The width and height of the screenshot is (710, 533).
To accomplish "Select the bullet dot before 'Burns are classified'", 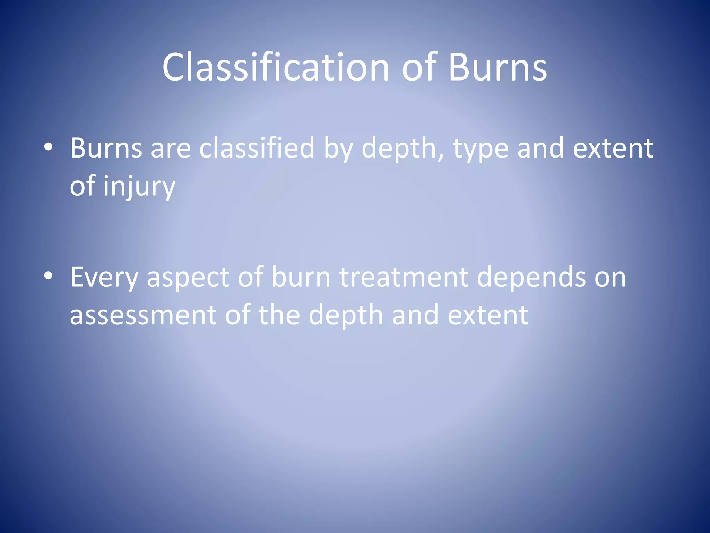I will [x=49, y=147].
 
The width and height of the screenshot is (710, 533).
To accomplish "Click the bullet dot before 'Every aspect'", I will [x=49, y=276].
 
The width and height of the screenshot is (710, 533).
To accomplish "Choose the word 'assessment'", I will [x=143, y=315].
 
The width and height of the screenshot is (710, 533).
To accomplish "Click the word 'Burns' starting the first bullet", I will [x=106, y=148].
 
